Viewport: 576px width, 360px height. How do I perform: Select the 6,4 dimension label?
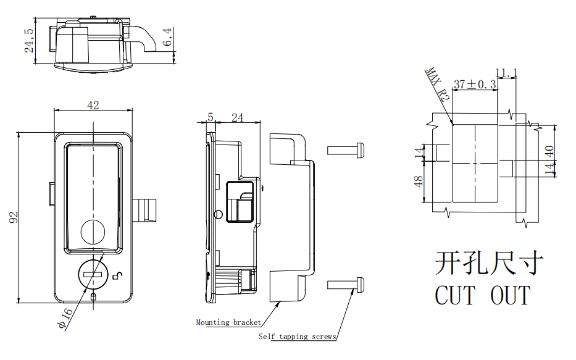(168, 38)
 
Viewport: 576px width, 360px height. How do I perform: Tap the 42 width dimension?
(93, 106)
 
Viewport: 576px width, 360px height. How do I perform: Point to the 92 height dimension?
(14, 217)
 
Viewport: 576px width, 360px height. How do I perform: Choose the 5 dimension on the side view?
(211, 117)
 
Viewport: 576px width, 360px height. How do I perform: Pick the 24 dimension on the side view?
(237, 117)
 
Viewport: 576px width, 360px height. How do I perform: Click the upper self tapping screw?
(346, 149)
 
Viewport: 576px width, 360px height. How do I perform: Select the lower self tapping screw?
(346, 285)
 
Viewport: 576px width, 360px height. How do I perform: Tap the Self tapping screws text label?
(297, 337)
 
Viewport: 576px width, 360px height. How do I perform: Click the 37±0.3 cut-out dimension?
(475, 85)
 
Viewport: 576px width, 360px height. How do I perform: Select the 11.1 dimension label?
(506, 73)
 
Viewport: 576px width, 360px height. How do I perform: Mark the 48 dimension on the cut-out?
(419, 182)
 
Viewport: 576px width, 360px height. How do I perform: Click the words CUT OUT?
(482, 295)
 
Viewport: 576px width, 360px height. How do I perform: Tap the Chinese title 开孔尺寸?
(489, 264)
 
